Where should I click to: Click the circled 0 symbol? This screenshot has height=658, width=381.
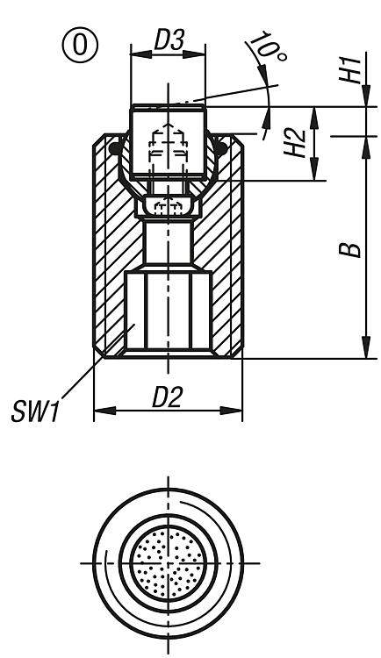click(x=80, y=46)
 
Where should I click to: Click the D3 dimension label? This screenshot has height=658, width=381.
click(x=169, y=40)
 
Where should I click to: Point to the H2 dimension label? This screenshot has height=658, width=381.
click(x=295, y=144)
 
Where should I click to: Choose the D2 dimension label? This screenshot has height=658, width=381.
click(x=167, y=397)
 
